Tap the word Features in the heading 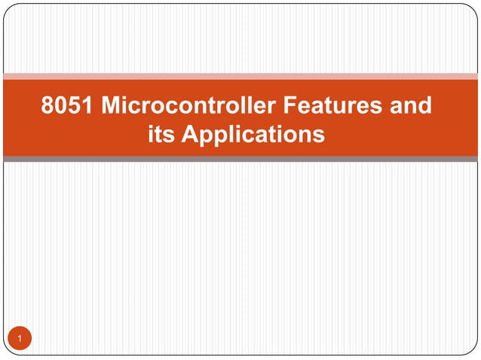(x=329, y=105)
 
